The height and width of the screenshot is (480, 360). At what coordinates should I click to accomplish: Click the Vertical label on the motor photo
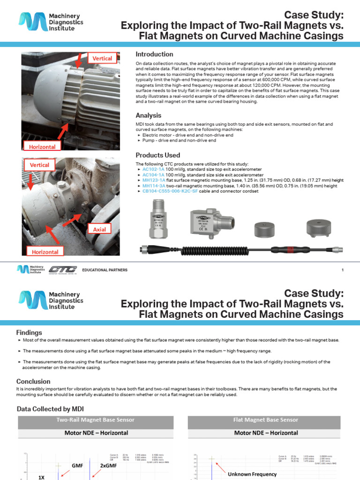coord(102,58)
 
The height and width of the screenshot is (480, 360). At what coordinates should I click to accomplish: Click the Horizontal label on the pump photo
coord(45,252)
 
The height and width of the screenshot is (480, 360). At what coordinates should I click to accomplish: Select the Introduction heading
coord(154,54)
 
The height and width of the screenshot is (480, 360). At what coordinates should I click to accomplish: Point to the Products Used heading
coord(157,155)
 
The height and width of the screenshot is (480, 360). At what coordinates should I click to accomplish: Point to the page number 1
coord(343,270)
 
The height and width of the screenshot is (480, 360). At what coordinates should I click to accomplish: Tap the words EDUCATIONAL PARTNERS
coord(105,270)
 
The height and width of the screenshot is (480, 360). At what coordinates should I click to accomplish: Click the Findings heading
coord(29,332)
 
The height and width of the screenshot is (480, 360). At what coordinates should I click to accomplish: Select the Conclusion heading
coord(33,381)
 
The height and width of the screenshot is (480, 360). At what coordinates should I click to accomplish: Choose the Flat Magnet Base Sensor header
coord(266,420)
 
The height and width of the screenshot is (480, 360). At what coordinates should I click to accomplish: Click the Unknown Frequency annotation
coord(252,474)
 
